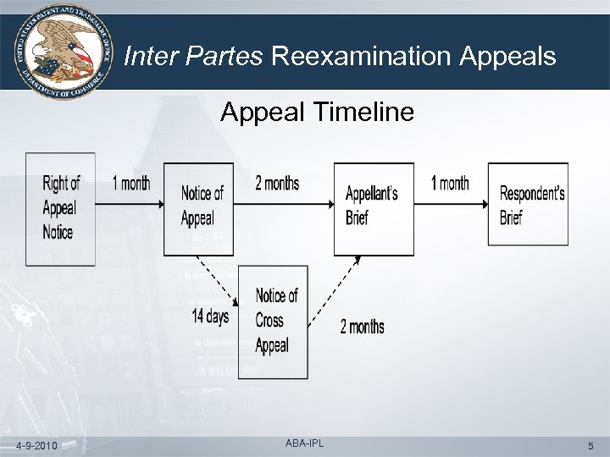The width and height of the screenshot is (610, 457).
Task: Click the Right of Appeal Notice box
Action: [x=60, y=208]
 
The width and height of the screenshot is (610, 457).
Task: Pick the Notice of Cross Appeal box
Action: [x=273, y=321]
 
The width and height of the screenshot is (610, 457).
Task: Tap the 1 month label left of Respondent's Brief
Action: [x=450, y=184]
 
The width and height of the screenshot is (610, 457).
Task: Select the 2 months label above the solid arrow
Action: [x=277, y=184]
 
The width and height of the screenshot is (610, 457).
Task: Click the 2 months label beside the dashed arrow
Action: [x=362, y=327]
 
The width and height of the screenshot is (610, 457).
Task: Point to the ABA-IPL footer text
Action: [x=304, y=443]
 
